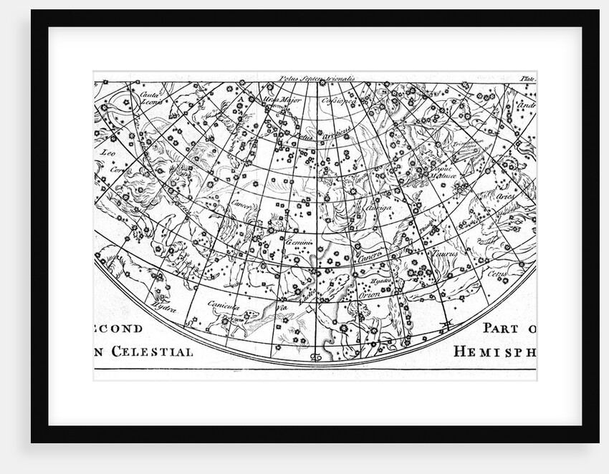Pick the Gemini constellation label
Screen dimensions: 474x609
coord(294,243)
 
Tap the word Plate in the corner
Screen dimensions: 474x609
coord(528,79)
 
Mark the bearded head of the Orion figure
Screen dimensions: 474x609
coord(355,310)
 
